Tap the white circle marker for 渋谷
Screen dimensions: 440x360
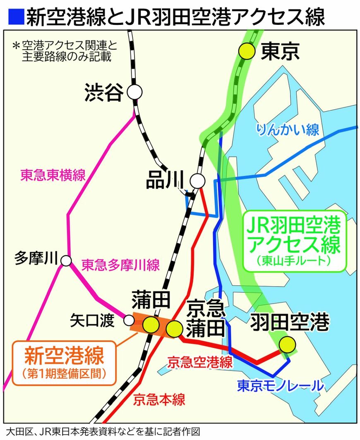pyautogui.click(x=134, y=92)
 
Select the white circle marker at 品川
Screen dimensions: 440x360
pyautogui.click(x=197, y=181)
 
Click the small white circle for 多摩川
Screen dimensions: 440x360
pyautogui.click(x=65, y=261)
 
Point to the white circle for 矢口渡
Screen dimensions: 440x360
pyautogui.click(x=129, y=320)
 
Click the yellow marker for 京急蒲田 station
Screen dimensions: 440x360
pyautogui.click(x=174, y=329)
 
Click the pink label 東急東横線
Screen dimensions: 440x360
pyautogui.click(x=53, y=175)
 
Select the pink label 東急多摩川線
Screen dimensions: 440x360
pyautogui.click(x=120, y=265)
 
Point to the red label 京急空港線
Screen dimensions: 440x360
pyautogui.click(x=200, y=363)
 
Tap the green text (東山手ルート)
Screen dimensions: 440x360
pyautogui.click(x=295, y=261)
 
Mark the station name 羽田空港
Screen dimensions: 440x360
pyautogui.click(x=290, y=322)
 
